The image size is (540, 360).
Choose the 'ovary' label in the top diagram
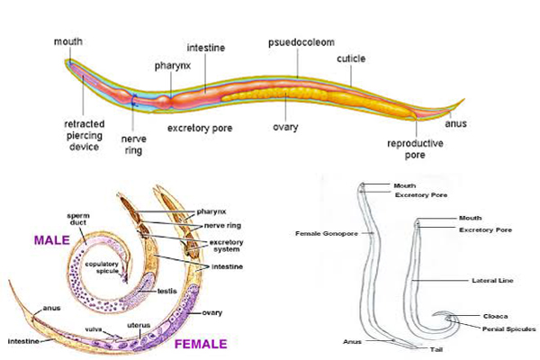pyautogui.click(x=285, y=127)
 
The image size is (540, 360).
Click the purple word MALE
pyautogui.click(x=55, y=240)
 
